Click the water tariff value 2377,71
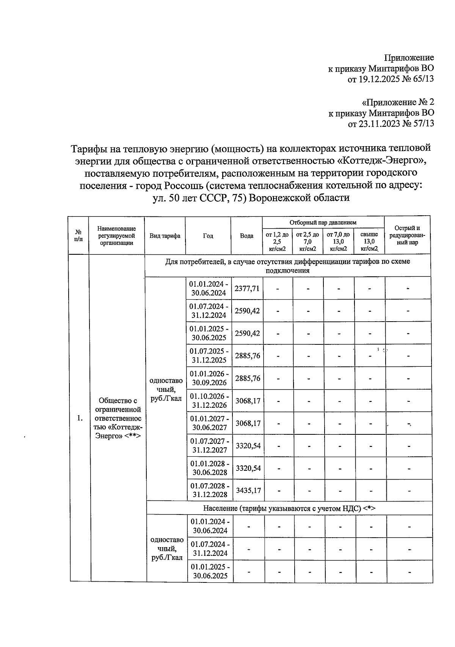coord(247,288)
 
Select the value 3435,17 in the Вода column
coord(248,490)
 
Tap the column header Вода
coord(246,236)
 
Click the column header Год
coord(208,236)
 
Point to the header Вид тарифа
coord(165,236)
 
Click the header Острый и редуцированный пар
coord(407,235)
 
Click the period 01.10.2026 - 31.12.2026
coord(209,401)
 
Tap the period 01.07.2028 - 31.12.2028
coord(210,490)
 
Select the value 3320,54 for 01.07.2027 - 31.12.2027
coord(248,445)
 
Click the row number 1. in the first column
coord(80,418)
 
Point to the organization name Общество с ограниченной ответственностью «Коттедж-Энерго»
coord(118,418)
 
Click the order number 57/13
coord(422,123)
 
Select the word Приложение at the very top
coord(409,58)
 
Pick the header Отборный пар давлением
coord(323,222)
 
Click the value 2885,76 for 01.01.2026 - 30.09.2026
coord(247,378)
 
